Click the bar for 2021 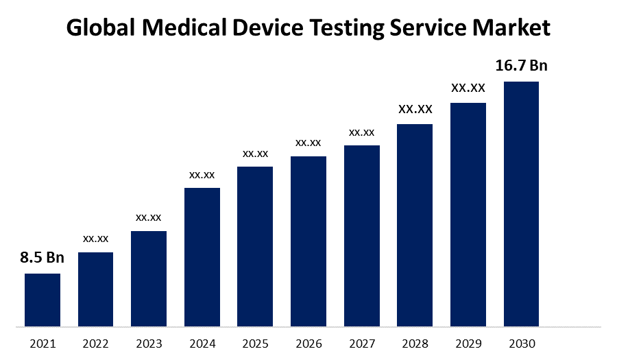tap(43, 300)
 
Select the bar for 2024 tap(202, 257)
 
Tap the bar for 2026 tap(308, 241)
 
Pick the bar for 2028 tap(415, 225)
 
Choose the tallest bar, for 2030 tap(521, 204)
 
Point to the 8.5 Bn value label tap(42, 258)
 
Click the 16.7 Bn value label tap(521, 66)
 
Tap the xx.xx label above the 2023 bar tap(149, 217)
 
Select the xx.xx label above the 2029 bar tap(468, 88)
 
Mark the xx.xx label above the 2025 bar tap(255, 153)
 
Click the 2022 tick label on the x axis tap(95, 343)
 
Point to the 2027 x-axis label tap(361, 343)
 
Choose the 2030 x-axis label tap(521, 343)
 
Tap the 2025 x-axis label tap(255, 343)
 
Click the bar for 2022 tap(95, 289)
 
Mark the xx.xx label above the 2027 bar tap(361, 132)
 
